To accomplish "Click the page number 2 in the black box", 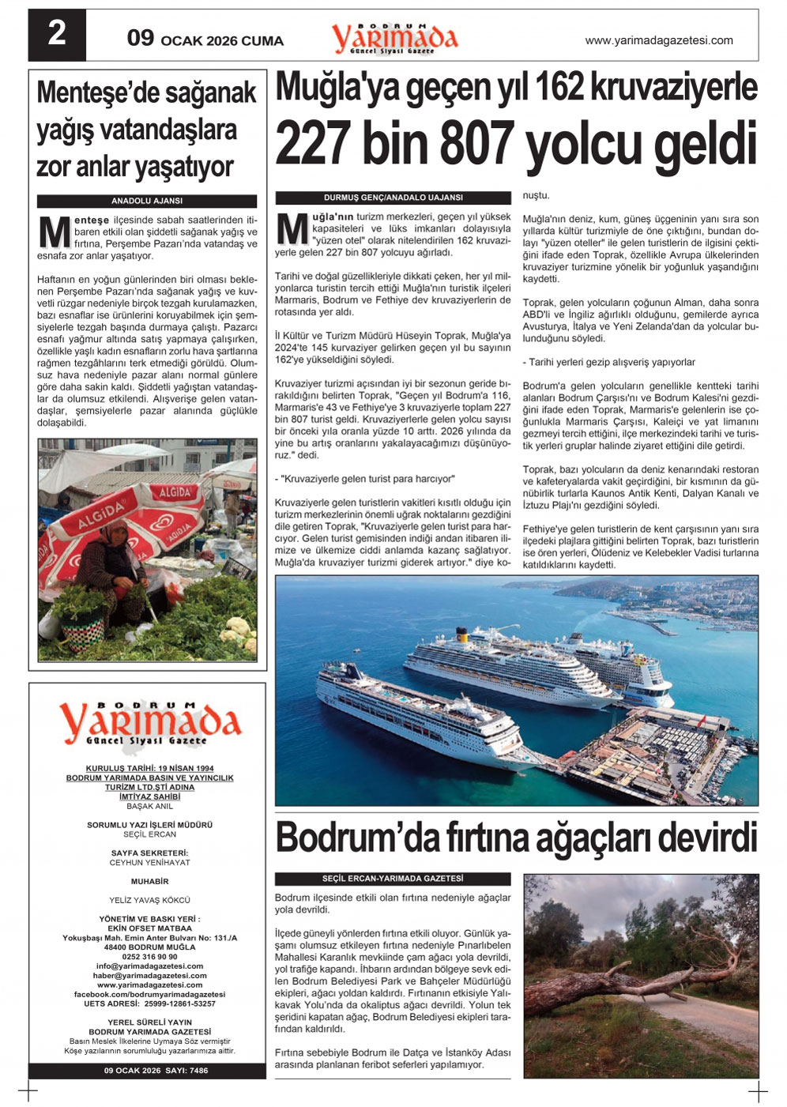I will [x=57, y=35].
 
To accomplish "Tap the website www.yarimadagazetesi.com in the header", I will [x=658, y=40].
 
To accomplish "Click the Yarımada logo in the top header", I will [x=394, y=38].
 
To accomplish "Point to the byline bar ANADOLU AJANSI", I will [x=147, y=201].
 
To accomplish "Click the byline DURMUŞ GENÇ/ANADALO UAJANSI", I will [x=393, y=198].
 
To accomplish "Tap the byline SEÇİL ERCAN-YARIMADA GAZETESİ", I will [x=393, y=879].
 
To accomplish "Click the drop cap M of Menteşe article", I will [x=55, y=232].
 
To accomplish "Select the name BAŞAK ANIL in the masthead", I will [x=149, y=807].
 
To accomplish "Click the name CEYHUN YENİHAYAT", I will [x=149, y=863].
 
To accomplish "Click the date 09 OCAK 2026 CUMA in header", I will [x=205, y=40].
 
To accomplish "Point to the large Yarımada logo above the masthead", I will [x=149, y=723].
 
